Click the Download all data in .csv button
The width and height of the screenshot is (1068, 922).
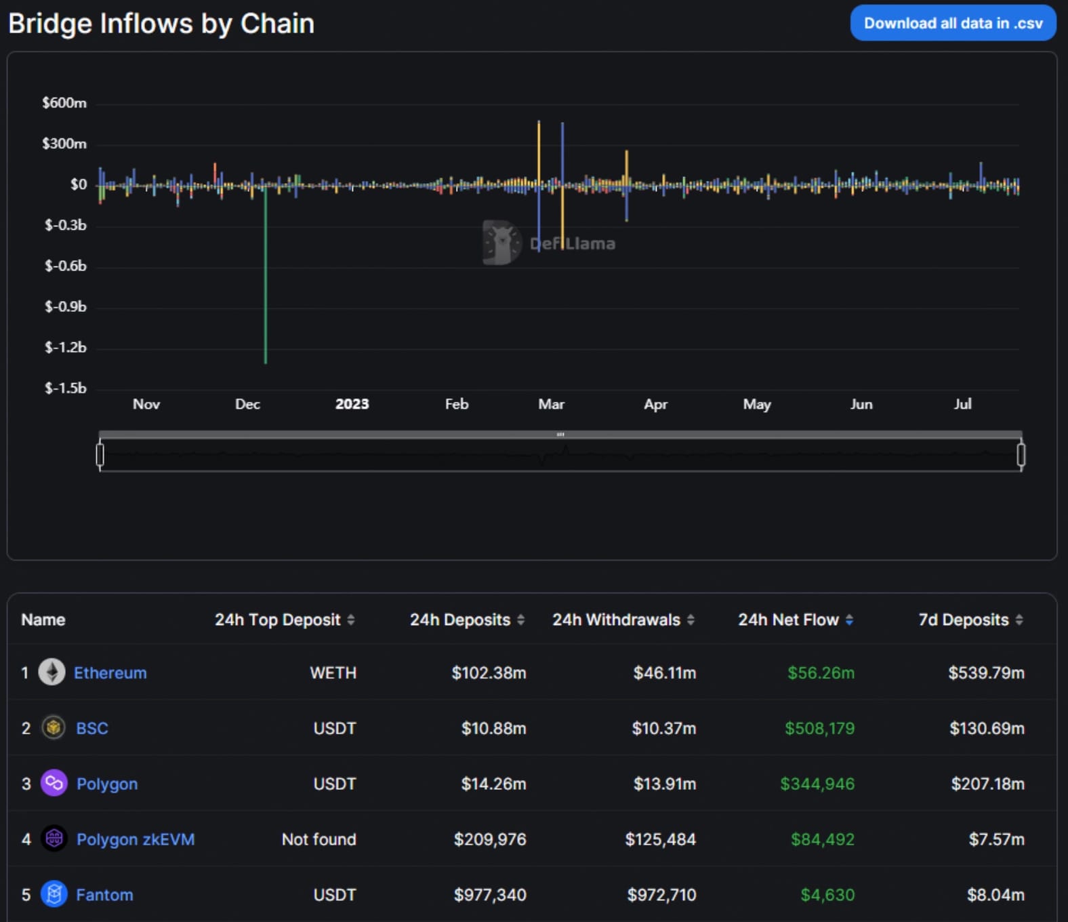(952, 23)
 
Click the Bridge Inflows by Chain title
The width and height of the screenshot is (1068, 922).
(161, 24)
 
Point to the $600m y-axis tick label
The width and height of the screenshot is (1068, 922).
(64, 103)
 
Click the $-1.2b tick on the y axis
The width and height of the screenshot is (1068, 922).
(66, 348)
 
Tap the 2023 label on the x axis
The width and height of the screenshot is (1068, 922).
(352, 404)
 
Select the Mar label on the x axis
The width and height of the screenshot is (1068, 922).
(551, 404)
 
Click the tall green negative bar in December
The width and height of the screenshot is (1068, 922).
(266, 285)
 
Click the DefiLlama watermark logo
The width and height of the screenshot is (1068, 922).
(501, 242)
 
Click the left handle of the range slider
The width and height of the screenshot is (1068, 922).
(100, 454)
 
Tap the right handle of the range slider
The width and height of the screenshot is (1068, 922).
(1021, 454)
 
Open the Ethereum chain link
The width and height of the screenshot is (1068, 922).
(110, 673)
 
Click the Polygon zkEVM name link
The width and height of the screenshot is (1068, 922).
(136, 839)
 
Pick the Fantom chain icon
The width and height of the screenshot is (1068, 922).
(54, 894)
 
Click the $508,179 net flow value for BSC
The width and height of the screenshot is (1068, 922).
(819, 729)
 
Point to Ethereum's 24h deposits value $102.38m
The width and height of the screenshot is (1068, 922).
(489, 673)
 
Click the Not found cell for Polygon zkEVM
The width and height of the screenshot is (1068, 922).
(319, 839)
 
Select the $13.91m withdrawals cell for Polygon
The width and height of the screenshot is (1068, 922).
(664, 784)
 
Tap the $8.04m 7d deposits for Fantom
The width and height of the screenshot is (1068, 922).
(995, 895)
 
